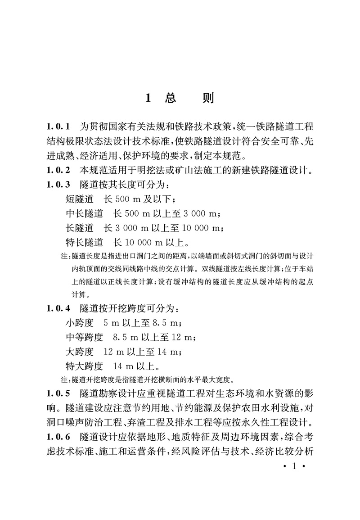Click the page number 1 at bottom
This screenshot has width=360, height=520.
(x=293, y=466)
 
